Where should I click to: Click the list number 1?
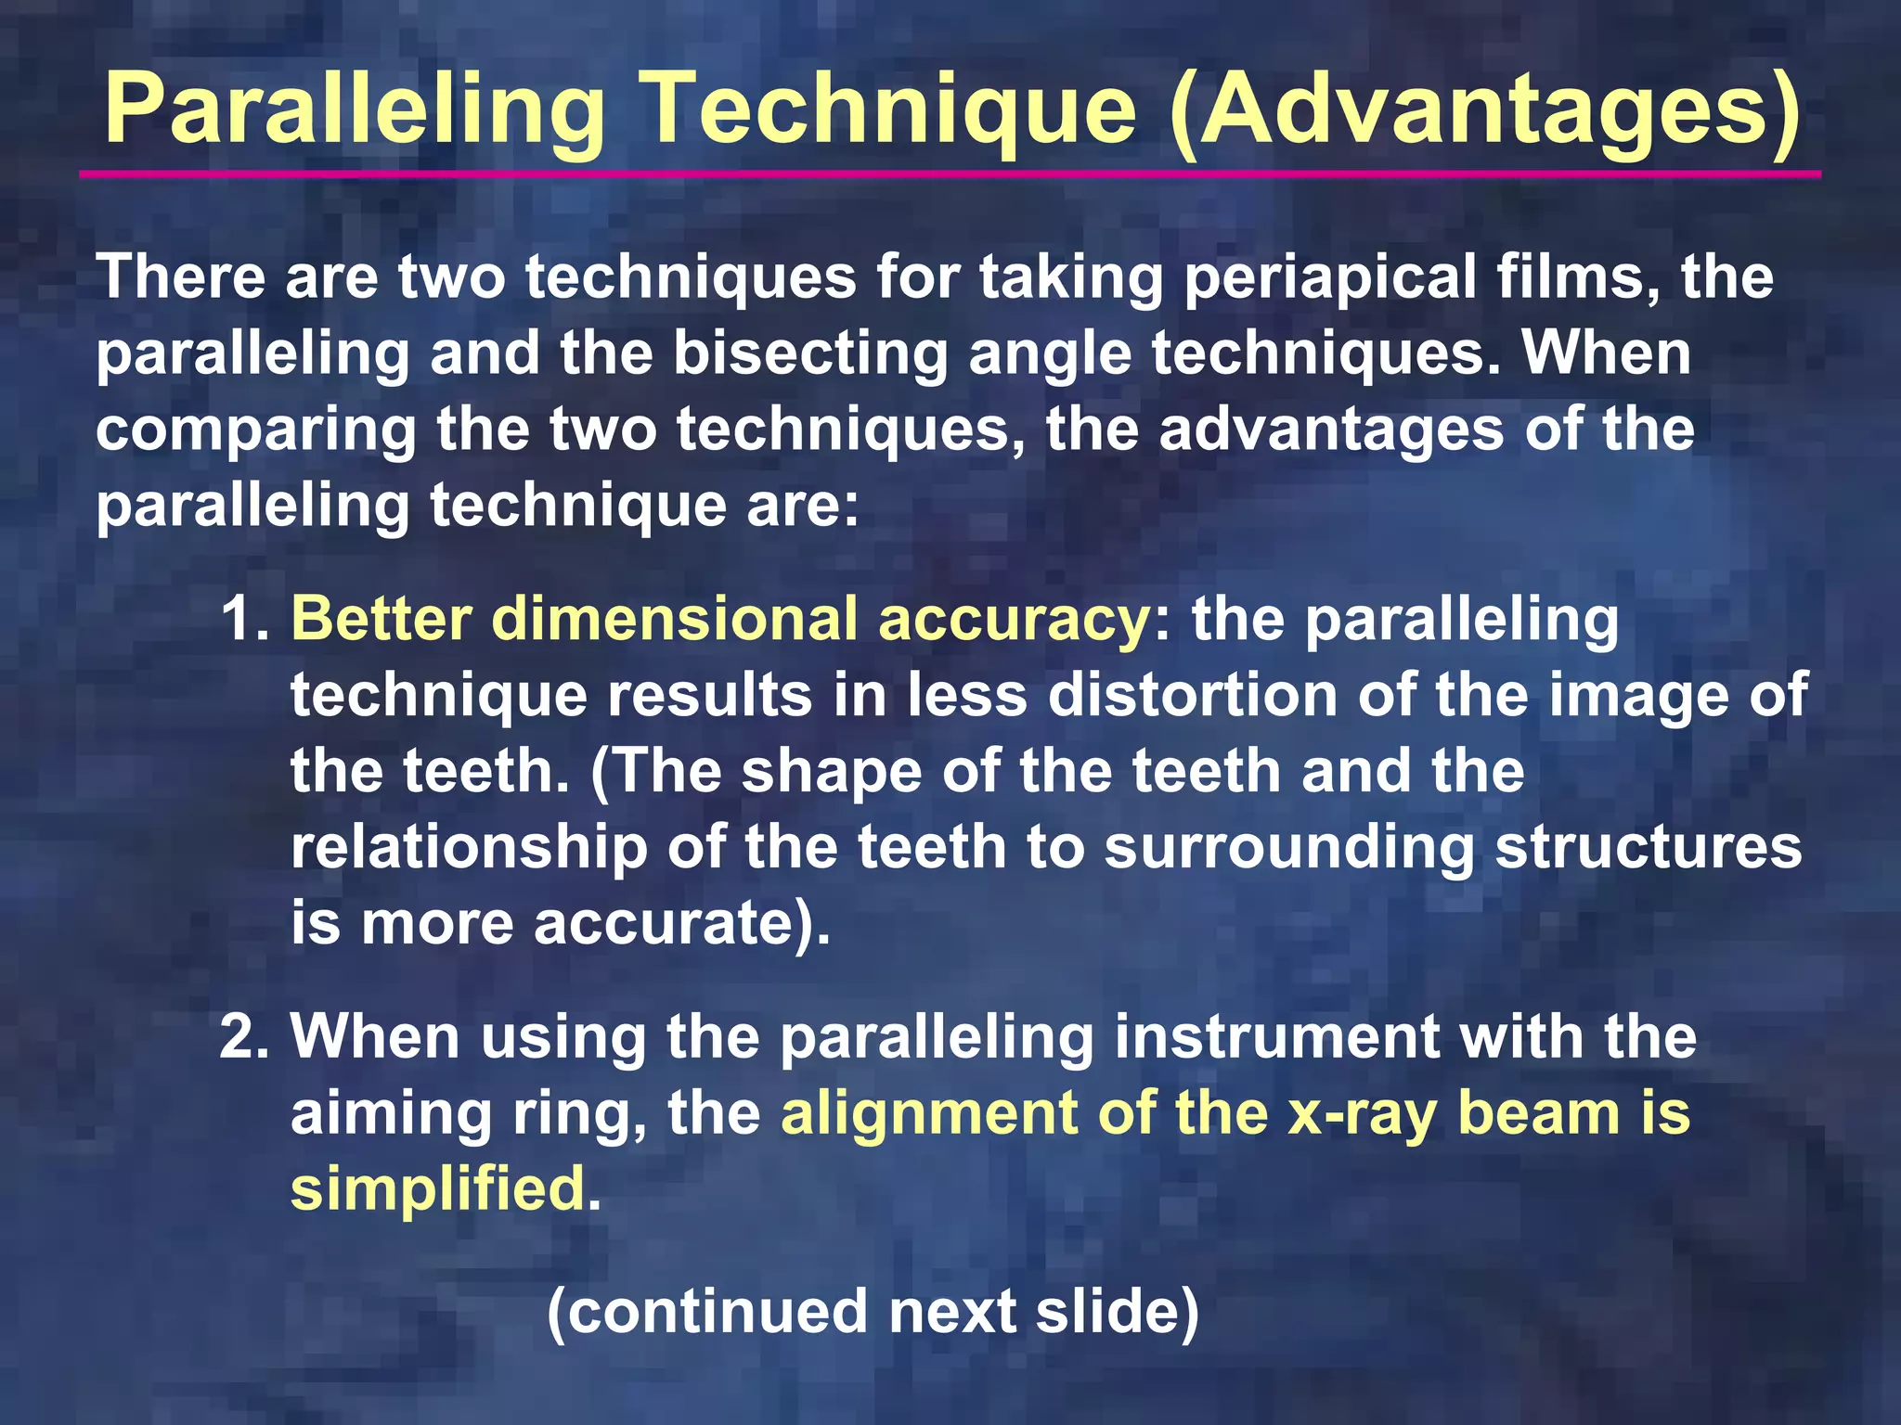pyautogui.click(x=243, y=620)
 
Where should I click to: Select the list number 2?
pyautogui.click(x=243, y=1036)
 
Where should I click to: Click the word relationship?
pyautogui.click(x=469, y=848)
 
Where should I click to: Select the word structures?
pyautogui.click(x=1648, y=848)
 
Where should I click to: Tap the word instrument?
pyautogui.click(x=1276, y=1036)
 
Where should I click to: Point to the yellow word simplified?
pyautogui.click(x=437, y=1190)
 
